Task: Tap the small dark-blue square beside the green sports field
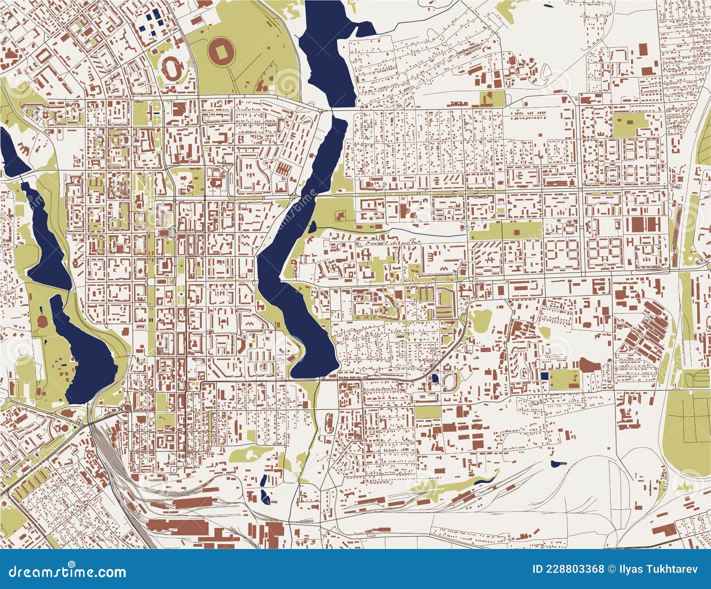click(544, 375)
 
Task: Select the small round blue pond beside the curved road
click(435, 379)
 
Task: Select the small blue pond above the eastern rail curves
click(555, 463)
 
